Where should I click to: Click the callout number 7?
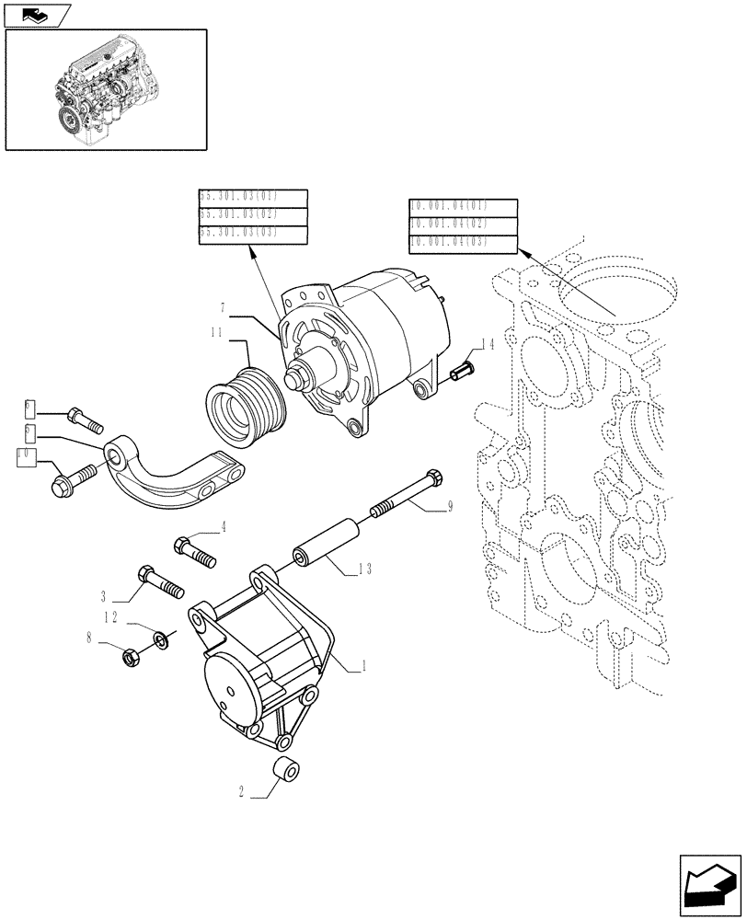click(x=223, y=306)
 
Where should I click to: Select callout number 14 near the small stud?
click(x=488, y=344)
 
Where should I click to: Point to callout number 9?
click(x=450, y=506)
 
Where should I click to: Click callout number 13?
click(x=366, y=570)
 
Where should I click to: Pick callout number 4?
click(x=222, y=527)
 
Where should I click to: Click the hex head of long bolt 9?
click(x=435, y=479)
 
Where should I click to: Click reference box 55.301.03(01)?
click(x=252, y=198)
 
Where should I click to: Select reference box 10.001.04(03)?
click(x=463, y=242)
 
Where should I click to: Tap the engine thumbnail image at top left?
click(x=106, y=89)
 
